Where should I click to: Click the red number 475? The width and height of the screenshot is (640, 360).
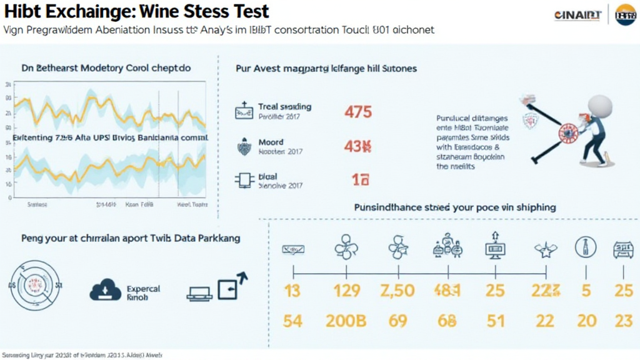(x=358, y=112)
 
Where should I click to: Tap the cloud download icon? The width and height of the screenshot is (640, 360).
(x=105, y=289)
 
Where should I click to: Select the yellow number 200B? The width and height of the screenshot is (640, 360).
(x=346, y=321)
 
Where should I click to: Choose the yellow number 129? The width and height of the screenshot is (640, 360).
(x=346, y=291)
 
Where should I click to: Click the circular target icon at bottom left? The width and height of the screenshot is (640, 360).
(x=35, y=286)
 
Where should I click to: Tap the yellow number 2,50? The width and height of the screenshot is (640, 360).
(x=397, y=291)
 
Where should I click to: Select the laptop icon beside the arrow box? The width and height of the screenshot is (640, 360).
(x=200, y=291)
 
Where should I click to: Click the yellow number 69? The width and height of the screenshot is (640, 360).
(x=397, y=321)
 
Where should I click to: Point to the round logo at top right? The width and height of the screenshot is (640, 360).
(x=625, y=14)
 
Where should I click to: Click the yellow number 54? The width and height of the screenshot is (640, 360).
(x=292, y=321)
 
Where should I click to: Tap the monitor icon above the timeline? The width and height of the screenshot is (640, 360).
(x=494, y=248)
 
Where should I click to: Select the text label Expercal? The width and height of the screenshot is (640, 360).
(x=143, y=289)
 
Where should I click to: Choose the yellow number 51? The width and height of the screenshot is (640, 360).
(x=495, y=321)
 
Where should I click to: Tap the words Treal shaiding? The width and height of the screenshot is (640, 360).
(x=284, y=107)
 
